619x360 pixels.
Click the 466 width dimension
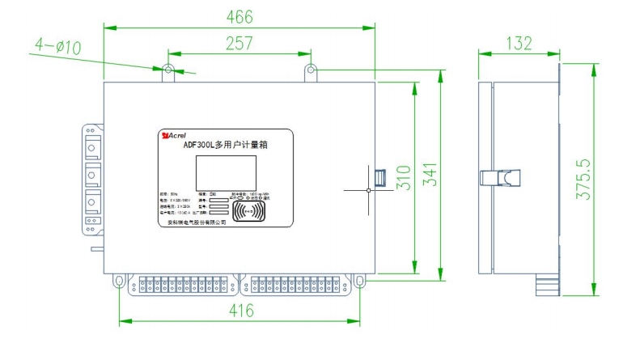(240, 17)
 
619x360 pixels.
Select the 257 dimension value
(239, 44)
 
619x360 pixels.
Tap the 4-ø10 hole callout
(58, 48)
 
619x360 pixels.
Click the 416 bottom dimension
(240, 311)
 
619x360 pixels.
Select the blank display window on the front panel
(225, 173)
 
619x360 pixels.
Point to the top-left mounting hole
(168, 70)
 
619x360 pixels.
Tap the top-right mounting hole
(311, 70)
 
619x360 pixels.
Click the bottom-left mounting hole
(120, 282)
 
